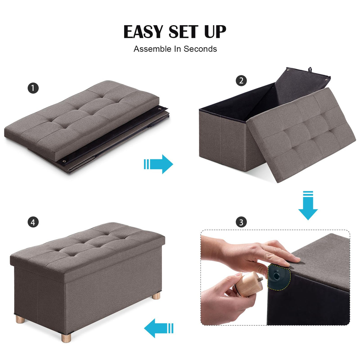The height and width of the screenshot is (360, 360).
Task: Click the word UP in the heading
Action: click(215, 32)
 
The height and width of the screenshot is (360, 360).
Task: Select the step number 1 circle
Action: click(33, 88)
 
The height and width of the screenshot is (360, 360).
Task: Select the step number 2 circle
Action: click(241, 81)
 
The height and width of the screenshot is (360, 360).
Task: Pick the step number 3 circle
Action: click(241, 222)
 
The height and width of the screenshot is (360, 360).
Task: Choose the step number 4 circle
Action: click(33, 222)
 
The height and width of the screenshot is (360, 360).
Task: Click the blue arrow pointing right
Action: click(159, 164)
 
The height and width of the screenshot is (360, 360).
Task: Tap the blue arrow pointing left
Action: click(158, 328)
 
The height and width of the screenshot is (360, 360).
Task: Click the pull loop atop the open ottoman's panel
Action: click(310, 70)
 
